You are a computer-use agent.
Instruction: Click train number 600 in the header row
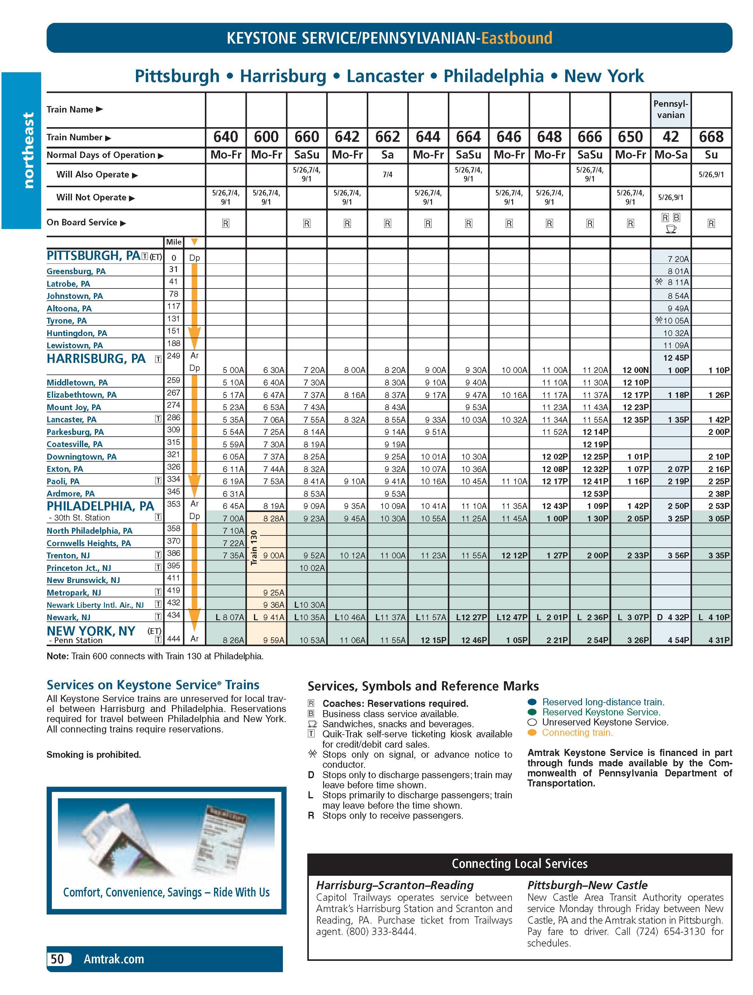click(266, 137)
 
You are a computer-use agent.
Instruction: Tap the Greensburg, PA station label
click(76, 271)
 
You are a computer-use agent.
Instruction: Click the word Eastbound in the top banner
click(516, 38)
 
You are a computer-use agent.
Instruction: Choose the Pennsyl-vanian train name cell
click(671, 109)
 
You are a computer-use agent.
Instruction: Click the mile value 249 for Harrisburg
click(174, 356)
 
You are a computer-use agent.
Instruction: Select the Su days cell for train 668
click(711, 155)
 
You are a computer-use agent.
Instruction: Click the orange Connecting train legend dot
click(532, 733)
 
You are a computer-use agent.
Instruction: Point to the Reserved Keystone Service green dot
click(532, 712)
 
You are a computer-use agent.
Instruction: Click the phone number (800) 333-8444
click(380, 932)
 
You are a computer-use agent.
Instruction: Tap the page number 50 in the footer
click(58, 959)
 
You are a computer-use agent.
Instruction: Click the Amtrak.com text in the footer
click(114, 959)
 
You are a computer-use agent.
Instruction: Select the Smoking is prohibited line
click(94, 755)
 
